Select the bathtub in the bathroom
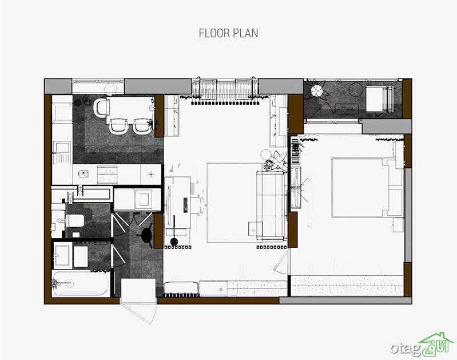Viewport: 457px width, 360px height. (x=81, y=283)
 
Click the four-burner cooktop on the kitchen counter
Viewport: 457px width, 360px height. (x=108, y=175)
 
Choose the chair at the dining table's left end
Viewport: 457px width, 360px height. (x=101, y=107)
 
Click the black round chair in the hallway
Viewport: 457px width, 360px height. (x=146, y=234)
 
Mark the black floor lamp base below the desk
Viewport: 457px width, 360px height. (x=174, y=242)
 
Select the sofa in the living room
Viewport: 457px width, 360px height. (x=271, y=205)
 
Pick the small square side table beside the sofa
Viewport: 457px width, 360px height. (x=255, y=228)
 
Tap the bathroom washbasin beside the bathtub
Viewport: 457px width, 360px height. (x=63, y=256)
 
